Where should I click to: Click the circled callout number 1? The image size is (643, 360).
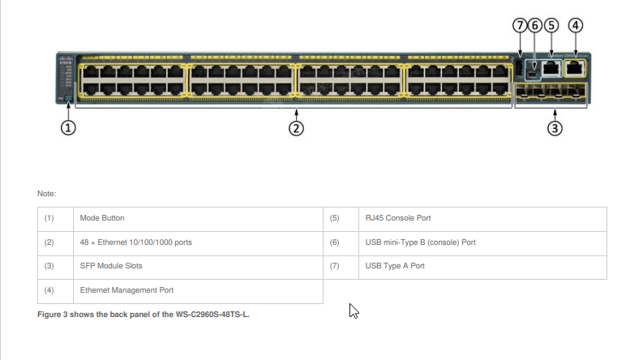point(69,127)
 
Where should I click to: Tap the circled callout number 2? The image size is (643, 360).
point(297,128)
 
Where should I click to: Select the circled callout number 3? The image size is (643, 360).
point(555,128)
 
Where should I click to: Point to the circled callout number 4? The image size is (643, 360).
point(575,24)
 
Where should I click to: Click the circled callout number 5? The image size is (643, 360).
point(551,24)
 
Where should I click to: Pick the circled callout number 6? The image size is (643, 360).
point(534,24)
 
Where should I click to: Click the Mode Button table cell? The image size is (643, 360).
point(102,218)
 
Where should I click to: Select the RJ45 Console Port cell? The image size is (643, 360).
point(397,218)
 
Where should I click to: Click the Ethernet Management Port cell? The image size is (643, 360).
point(126,289)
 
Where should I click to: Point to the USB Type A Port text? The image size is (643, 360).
point(395,266)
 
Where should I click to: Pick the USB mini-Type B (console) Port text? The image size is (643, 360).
point(420,242)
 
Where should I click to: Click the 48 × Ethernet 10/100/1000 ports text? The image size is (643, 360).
point(135,242)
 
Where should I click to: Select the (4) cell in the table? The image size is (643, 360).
point(49,289)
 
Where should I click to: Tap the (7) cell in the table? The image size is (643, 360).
point(335,266)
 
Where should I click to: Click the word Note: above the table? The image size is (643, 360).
point(46,194)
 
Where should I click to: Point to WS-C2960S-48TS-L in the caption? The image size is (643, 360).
point(211,314)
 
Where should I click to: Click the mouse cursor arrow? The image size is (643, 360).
point(353,311)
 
